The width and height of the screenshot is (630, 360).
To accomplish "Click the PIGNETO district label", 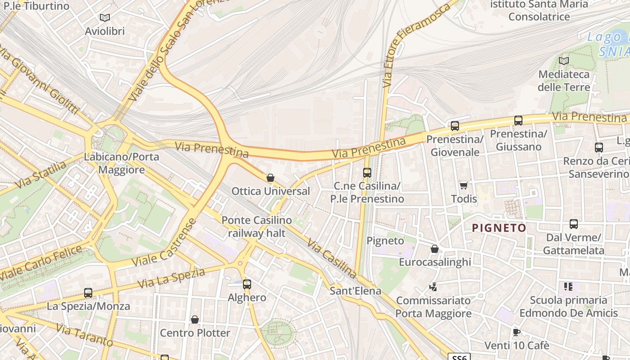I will [x=499, y=228].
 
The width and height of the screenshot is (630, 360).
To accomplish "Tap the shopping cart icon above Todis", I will [x=464, y=185].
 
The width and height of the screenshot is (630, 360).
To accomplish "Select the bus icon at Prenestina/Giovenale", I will [x=455, y=126].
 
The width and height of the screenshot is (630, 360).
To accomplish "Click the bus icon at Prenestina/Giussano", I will [x=518, y=121].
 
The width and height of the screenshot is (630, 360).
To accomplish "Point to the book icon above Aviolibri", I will [x=105, y=18].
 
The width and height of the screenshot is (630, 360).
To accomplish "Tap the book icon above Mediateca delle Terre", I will [x=564, y=61].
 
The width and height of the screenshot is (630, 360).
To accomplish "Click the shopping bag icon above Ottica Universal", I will [x=270, y=178].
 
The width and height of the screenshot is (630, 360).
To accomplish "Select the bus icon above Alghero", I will [x=247, y=284].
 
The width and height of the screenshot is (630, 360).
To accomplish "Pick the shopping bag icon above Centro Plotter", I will [x=195, y=319].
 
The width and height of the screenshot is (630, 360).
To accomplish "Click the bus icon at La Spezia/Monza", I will [x=88, y=293].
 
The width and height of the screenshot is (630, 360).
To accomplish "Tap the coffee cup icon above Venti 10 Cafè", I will [x=517, y=333].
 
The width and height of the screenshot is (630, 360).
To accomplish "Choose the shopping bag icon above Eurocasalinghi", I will [x=435, y=249].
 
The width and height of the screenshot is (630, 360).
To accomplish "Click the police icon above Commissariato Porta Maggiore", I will [x=433, y=287].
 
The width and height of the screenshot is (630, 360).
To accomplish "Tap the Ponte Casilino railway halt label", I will [x=256, y=227].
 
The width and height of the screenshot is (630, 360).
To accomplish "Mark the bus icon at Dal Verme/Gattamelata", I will [x=574, y=224].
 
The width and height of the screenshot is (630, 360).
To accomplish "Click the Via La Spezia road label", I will [x=171, y=278].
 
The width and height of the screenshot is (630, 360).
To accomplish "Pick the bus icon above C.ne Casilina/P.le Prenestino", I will [x=367, y=172].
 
